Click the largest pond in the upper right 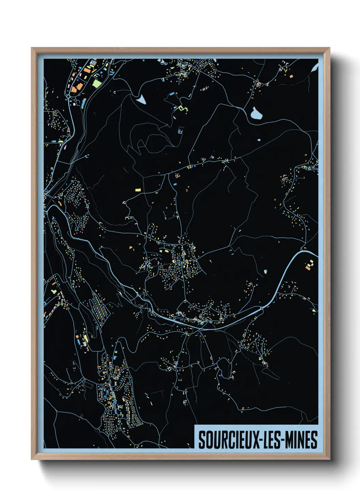(x=256, y=113)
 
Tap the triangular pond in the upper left (x=141, y=99)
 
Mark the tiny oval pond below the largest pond (x=259, y=140)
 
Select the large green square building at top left (x=97, y=83)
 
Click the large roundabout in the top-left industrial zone (x=69, y=97)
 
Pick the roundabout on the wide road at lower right (x=261, y=308)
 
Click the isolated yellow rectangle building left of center (x=138, y=190)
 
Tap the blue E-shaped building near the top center (x=181, y=131)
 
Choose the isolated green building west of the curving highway (x=265, y=271)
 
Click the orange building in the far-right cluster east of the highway (x=308, y=268)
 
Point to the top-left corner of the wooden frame (x=32, y=48)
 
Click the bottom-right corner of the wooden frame (x=329, y=459)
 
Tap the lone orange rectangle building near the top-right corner (x=291, y=76)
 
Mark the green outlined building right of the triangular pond (x=184, y=108)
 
